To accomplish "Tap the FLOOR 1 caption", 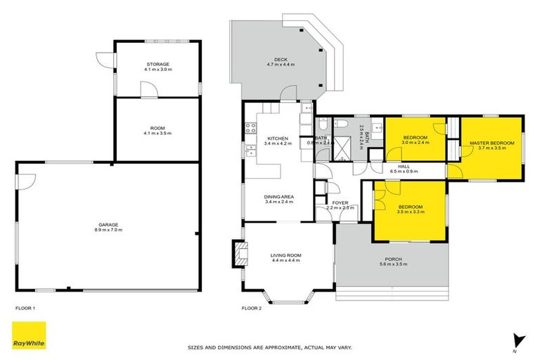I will pyautogui.click(x=25, y=308).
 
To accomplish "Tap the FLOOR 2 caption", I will pyautogui.click(x=252, y=308).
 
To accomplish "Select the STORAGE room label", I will pyautogui.click(x=157, y=64).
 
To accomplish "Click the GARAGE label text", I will pyautogui.click(x=108, y=224).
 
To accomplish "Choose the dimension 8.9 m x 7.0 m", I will pyautogui.click(x=108, y=230).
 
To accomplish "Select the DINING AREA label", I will pyautogui.click(x=279, y=196).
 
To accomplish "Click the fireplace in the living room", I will pyautogui.click(x=240, y=253).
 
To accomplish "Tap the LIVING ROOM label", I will pyautogui.click(x=286, y=255).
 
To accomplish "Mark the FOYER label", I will pyautogui.click(x=340, y=202).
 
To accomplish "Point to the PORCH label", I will pyautogui.click(x=393, y=259).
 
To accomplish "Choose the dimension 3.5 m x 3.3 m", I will pyautogui.click(x=411, y=211).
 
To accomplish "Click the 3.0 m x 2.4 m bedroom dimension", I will pyautogui.click(x=415, y=143).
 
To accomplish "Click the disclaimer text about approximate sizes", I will pyautogui.click(x=269, y=347).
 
